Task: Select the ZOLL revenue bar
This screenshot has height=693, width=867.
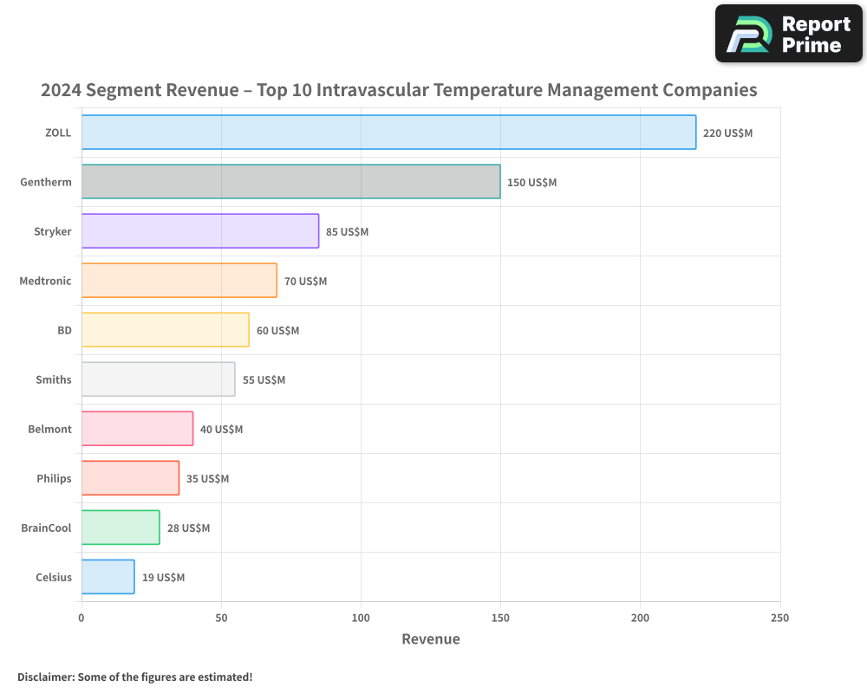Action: (388, 133)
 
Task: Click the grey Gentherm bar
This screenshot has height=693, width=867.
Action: (290, 182)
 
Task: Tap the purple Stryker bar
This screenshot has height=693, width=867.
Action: (200, 231)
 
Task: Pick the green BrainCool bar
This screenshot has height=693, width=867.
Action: (121, 528)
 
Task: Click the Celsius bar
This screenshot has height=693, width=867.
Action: (108, 577)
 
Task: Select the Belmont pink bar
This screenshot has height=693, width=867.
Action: (137, 429)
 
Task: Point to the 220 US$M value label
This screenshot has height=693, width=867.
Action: (727, 133)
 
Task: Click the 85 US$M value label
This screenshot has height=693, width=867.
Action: (347, 232)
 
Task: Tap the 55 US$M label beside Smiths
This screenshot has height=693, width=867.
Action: (264, 380)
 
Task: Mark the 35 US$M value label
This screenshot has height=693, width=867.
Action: (207, 479)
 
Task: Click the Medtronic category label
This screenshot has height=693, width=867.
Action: (45, 281)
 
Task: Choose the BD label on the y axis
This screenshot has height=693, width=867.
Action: (64, 330)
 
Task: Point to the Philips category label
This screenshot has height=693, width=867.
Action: (54, 478)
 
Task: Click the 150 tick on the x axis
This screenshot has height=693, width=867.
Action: (500, 618)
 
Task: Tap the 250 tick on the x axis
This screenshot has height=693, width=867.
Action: (779, 618)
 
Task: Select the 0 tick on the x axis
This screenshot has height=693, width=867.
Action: (81, 618)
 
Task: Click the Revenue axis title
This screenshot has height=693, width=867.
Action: (431, 639)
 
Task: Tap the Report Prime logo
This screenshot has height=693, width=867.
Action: (788, 34)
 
